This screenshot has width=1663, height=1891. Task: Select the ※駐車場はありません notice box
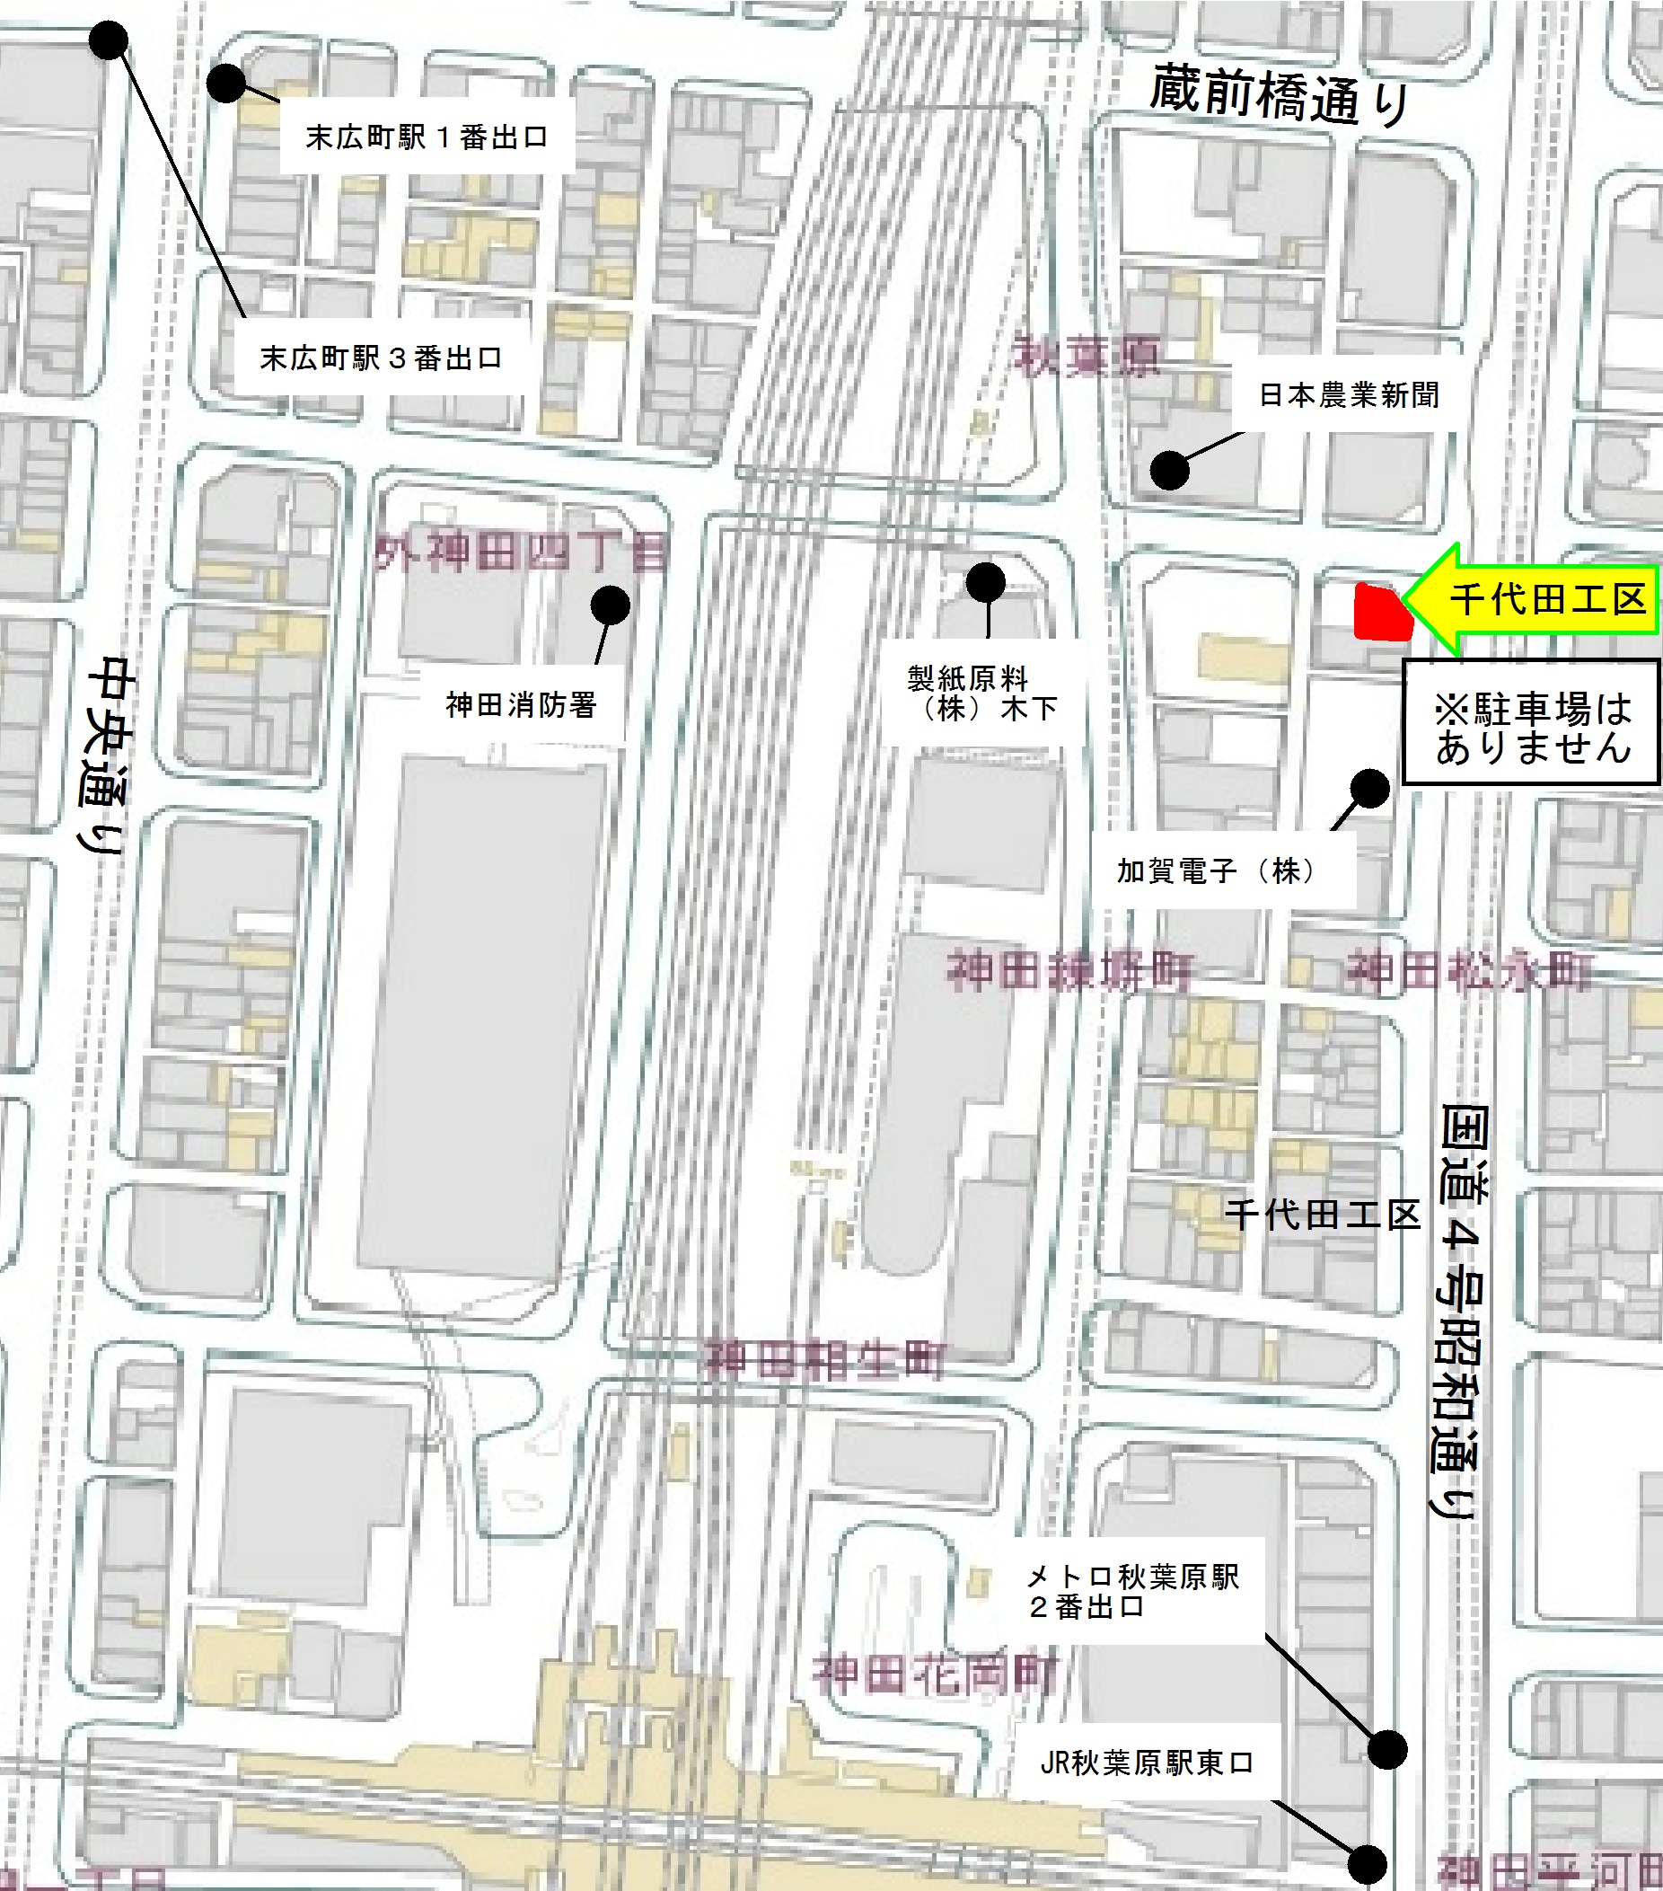pos(1532,722)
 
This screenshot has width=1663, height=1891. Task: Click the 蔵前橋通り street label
pos(1280,95)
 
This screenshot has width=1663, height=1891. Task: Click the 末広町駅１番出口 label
pos(427,137)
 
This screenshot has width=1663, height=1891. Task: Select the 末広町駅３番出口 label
pos(381,358)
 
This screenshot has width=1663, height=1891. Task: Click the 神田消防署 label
pos(521,705)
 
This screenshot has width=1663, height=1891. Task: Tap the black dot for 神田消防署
pos(611,606)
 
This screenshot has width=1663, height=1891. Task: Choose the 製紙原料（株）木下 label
pos(981,693)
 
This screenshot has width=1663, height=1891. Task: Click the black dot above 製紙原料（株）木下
pos(986,583)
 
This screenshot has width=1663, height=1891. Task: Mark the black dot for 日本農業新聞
pos(1169,470)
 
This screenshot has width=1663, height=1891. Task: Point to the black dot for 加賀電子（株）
pos(1369,788)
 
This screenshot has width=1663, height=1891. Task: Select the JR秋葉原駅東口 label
pos(1147,1763)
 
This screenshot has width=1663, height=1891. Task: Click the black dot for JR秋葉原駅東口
pos(1367,1864)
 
